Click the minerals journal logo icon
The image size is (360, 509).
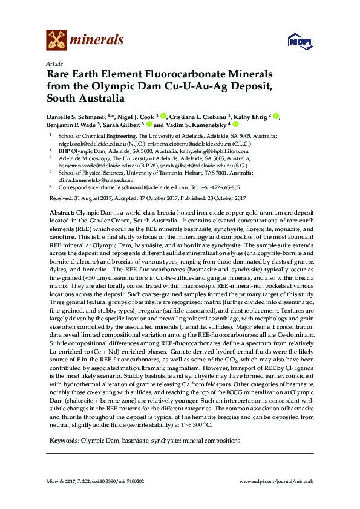coord(56,41)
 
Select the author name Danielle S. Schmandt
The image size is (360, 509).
coord(80,116)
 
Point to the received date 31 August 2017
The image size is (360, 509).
coord(90,198)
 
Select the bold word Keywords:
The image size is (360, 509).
coord(62,440)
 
